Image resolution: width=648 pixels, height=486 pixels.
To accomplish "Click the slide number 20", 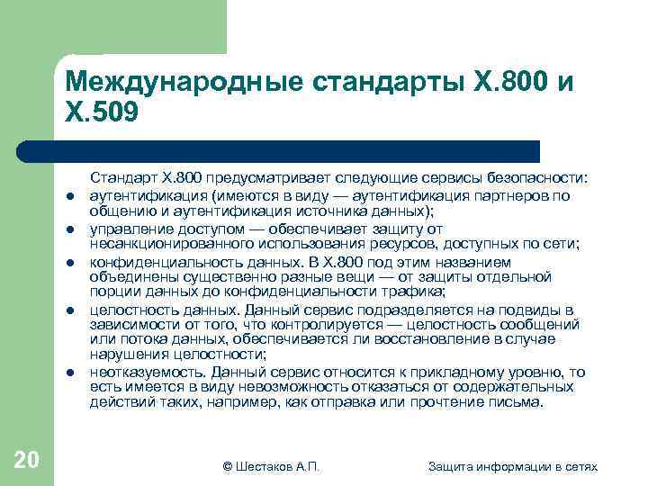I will pyautogui.click(x=26, y=461).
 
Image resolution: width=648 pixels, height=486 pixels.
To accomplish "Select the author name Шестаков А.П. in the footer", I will pyautogui.click(x=271, y=465).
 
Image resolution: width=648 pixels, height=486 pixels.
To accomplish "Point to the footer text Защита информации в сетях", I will pyautogui.click(x=513, y=465).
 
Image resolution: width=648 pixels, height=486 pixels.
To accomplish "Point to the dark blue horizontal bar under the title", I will pyautogui.click(x=297, y=150).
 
